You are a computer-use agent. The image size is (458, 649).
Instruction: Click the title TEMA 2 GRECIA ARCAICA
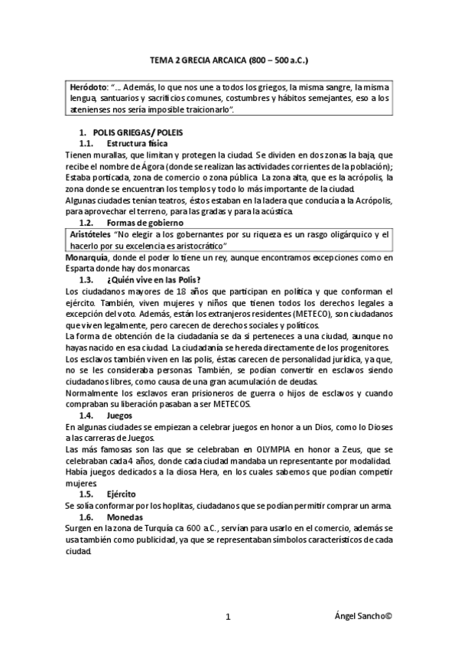229,58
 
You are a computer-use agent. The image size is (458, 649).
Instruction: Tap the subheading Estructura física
138,143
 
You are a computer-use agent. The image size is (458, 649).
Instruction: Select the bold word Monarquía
88,259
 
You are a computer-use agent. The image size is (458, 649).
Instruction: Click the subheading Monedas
125,517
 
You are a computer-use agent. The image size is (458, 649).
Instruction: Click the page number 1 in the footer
229,616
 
